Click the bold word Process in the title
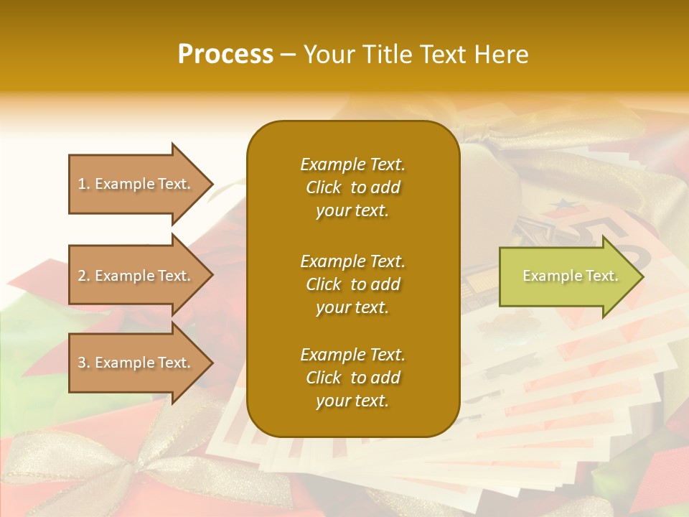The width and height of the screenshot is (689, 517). (225, 55)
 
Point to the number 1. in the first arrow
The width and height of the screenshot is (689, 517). (84, 184)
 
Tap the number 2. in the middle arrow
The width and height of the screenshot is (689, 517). (84, 276)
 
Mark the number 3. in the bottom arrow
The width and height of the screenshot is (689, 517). (84, 363)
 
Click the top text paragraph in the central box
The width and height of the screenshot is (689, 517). (352, 187)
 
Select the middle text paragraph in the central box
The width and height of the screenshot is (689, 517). (352, 284)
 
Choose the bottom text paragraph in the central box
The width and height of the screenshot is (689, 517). (352, 378)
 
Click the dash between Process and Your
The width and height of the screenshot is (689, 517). (289, 55)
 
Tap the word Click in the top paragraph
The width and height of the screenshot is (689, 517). (324, 187)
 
